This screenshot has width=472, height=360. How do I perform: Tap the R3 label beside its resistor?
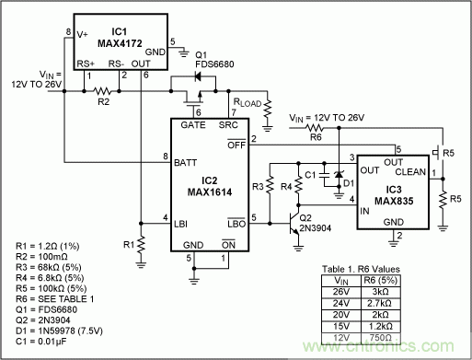pos(259,185)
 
